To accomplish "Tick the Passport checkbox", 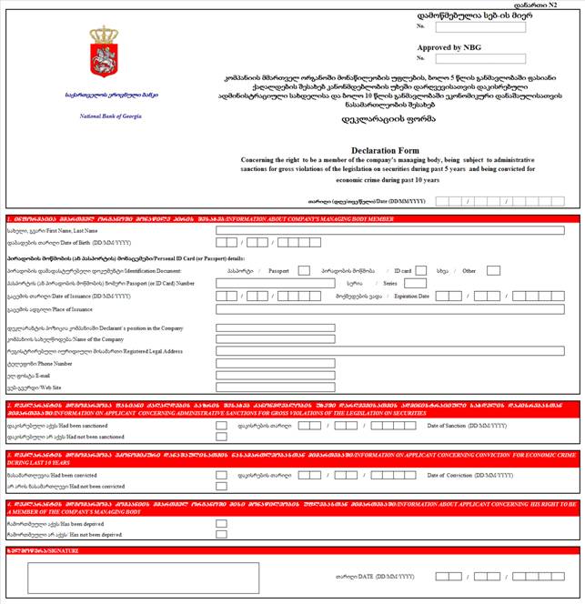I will [304, 270].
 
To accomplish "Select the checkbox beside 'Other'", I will [493, 270].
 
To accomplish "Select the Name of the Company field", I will [276, 339].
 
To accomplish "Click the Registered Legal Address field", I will [390, 351].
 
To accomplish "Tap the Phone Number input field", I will [276, 363].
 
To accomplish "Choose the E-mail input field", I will [276, 375].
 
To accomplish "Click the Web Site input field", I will [276, 387].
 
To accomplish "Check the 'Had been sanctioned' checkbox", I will [221, 425].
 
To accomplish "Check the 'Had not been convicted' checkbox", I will [221, 487].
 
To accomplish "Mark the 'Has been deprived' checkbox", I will [221, 524].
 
